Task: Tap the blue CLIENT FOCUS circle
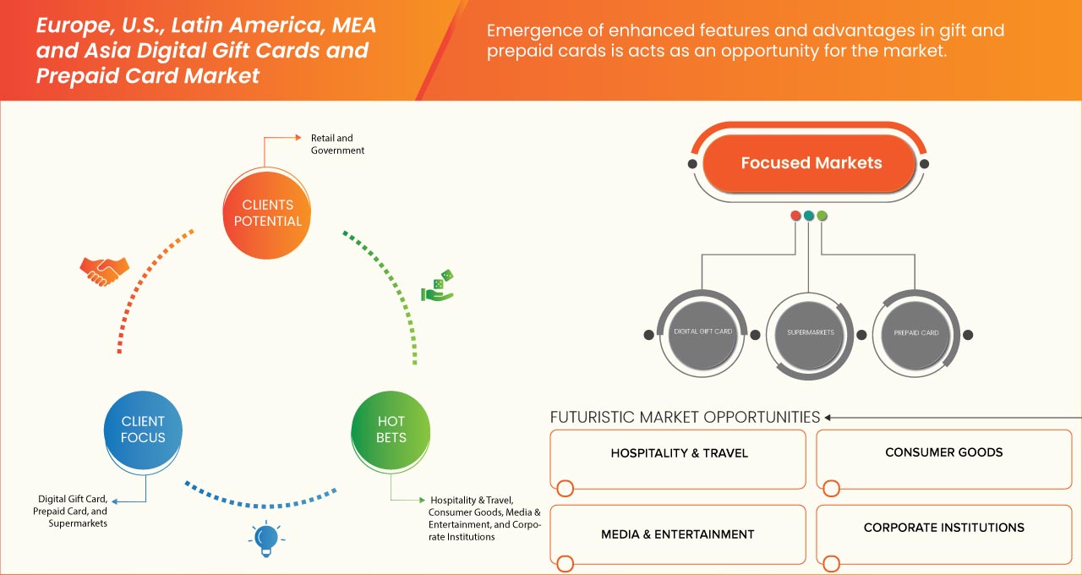coord(143,429)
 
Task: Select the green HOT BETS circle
coord(391,429)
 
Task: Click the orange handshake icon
coord(104,271)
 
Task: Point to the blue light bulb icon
coord(266,537)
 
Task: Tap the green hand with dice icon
coord(437,286)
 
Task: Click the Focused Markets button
coord(811,163)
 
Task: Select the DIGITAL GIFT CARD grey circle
coord(702,332)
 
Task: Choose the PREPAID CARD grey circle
coord(915,332)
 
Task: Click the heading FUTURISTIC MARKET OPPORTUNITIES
coord(685,417)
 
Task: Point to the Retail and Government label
coord(337,144)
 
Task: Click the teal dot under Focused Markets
coord(809,216)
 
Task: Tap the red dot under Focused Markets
coord(795,216)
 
